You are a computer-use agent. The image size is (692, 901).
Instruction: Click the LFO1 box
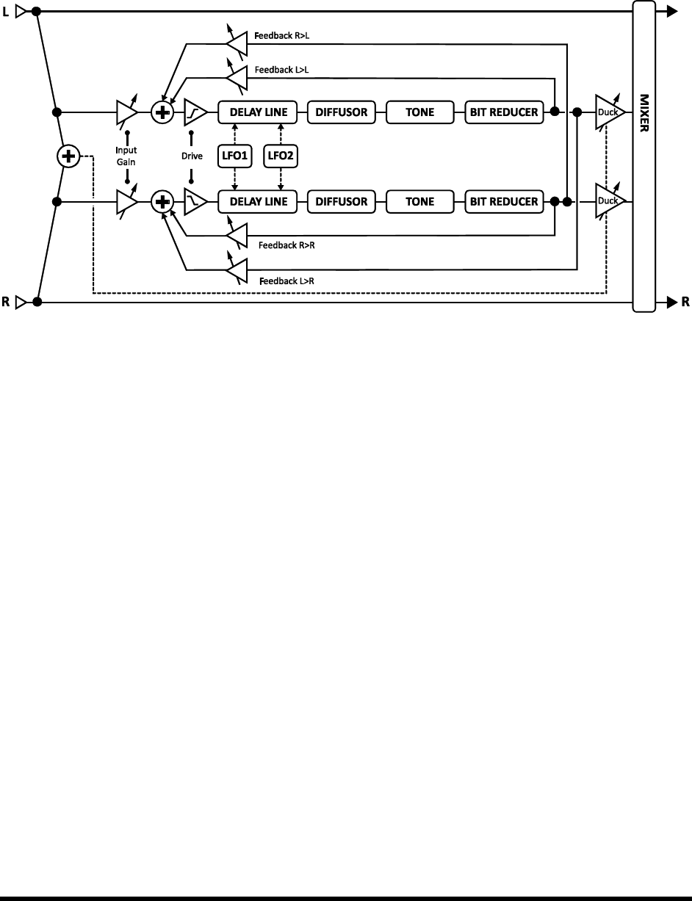point(235,156)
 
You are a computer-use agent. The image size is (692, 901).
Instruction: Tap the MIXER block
point(644,156)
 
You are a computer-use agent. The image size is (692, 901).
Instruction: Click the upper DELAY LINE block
point(257,112)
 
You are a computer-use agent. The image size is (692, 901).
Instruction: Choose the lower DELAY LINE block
point(257,200)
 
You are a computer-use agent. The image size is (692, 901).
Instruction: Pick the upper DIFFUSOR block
point(342,112)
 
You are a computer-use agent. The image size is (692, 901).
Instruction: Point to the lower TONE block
point(420,200)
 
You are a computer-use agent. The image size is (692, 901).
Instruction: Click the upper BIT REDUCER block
point(505,112)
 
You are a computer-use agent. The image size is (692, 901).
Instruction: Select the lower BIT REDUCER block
point(505,200)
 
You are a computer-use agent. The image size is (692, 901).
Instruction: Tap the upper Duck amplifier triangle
point(608,112)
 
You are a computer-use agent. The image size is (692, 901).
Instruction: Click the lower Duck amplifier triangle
point(608,200)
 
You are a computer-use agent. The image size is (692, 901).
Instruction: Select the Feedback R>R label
point(286,245)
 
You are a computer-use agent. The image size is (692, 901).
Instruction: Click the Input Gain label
point(127,156)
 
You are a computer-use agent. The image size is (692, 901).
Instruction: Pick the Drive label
point(191,156)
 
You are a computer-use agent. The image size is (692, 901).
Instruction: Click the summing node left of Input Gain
point(68,156)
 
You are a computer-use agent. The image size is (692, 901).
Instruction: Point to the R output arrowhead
point(671,302)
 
